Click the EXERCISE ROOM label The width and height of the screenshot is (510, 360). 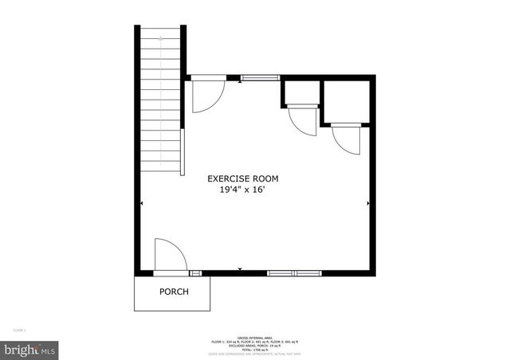243,179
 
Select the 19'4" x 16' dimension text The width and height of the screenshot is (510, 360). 243,190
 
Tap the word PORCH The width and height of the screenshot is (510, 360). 174,292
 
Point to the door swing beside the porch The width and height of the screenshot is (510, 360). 168,255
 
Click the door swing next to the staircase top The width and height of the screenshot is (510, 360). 206,95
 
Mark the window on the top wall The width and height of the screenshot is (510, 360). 260,78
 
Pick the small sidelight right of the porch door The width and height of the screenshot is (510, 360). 195,273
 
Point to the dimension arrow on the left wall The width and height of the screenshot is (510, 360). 142,204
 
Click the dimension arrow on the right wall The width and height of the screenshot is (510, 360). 368,204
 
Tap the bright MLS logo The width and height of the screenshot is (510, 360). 30,349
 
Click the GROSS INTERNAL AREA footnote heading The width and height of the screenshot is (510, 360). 254,337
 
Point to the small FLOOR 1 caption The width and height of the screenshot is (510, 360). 19,329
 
